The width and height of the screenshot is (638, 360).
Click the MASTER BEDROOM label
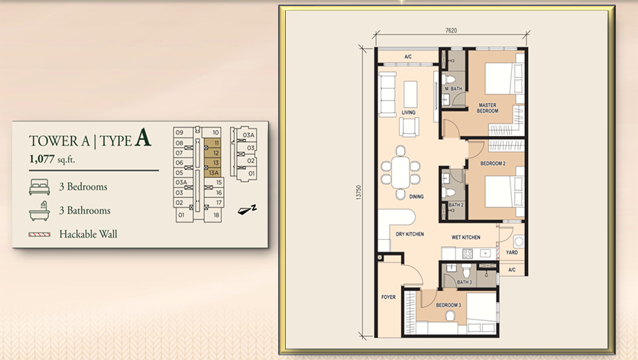pyautogui.click(x=488, y=109)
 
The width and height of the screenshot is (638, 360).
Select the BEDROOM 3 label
pyautogui.click(x=448, y=305)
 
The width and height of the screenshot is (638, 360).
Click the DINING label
pyautogui.click(x=416, y=196)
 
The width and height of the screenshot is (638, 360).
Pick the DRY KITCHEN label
pyautogui.click(x=410, y=234)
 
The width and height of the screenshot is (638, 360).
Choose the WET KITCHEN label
pyautogui.click(x=465, y=238)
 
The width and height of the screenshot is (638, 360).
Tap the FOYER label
pyautogui.click(x=388, y=297)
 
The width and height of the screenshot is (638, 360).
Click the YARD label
pyautogui.click(x=511, y=252)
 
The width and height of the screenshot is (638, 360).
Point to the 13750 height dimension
pyautogui.click(x=358, y=192)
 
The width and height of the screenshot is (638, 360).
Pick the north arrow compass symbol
pyautogui.click(x=246, y=207)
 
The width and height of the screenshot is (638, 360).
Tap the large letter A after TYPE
pyautogui.click(x=142, y=138)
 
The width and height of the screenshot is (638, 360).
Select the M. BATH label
pyautogui.click(x=455, y=89)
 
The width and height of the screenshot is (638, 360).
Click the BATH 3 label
pyautogui.click(x=464, y=282)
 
